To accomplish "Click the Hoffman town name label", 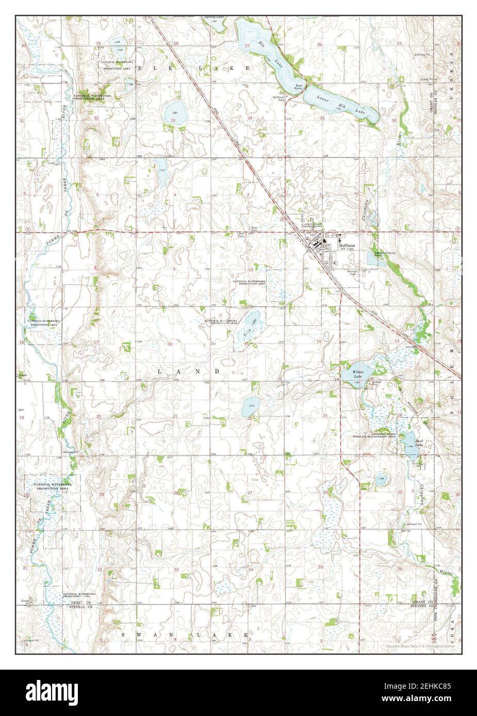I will (x=348, y=246).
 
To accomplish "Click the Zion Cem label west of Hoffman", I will (x=254, y=228).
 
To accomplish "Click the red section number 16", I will (x=169, y=344).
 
